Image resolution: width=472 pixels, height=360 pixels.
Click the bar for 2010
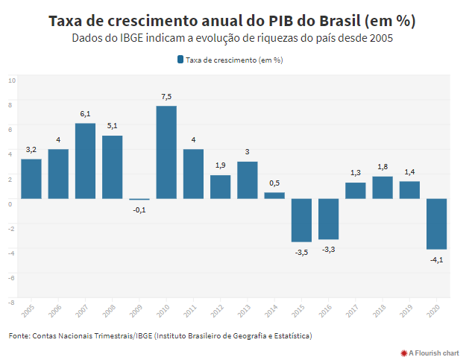pyautogui.click(x=166, y=153)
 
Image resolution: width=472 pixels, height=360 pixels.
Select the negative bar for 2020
pyautogui.click(x=436, y=224)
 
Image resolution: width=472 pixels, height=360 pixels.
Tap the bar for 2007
pyautogui.click(x=85, y=161)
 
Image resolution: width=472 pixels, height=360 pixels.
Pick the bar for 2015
pyautogui.click(x=301, y=220)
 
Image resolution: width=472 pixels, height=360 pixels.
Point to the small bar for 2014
pyautogui.click(x=274, y=195)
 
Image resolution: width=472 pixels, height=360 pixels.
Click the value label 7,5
pyautogui.click(x=166, y=97)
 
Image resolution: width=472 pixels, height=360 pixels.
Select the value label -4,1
pyautogui.click(x=436, y=259)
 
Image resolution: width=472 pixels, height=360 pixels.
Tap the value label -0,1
pyautogui.click(x=139, y=210)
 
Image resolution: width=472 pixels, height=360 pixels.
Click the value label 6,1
pyautogui.click(x=85, y=114)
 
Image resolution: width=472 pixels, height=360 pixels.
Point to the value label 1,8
pyautogui.click(x=383, y=167)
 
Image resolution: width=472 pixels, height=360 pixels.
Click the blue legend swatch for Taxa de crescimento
pyautogui.click(x=180, y=60)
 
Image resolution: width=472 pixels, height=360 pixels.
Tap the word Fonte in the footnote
pyautogui.click(x=19, y=336)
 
